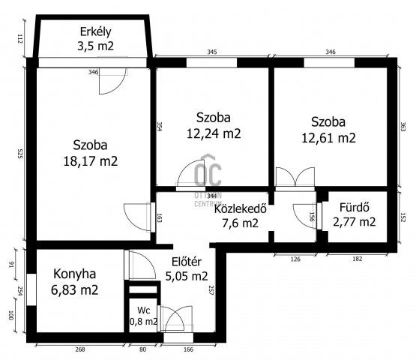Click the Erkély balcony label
[x=97, y=31]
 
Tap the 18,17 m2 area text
[x=95, y=160]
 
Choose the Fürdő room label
[x=352, y=207]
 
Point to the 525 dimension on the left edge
[x=19, y=154]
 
